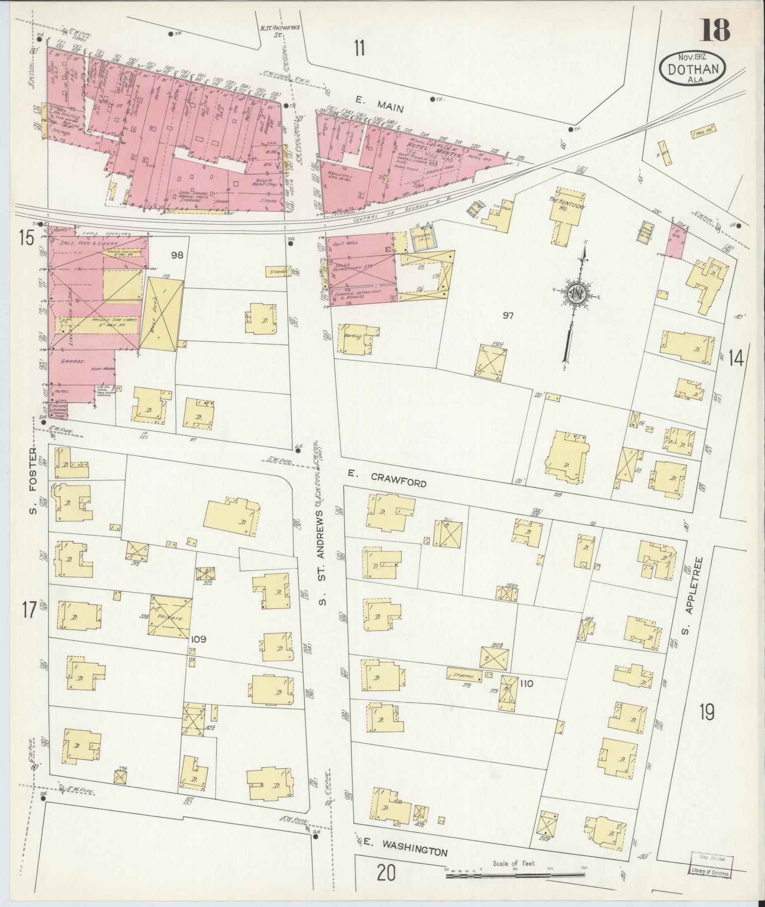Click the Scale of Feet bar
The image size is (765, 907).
(515, 874)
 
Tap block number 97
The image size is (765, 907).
(508, 316)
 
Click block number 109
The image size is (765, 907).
(198, 639)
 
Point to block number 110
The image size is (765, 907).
(526, 684)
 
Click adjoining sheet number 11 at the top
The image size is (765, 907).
(359, 48)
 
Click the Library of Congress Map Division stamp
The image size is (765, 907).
(710, 865)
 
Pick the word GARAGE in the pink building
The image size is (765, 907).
(72, 361)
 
